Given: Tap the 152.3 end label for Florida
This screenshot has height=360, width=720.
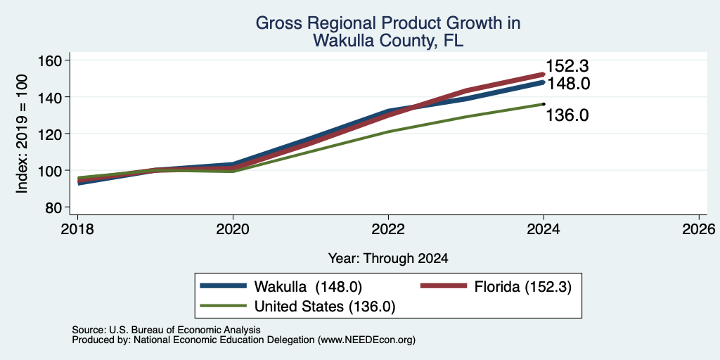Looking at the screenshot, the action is (567, 67).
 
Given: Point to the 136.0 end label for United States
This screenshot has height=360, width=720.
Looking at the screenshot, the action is (567, 115).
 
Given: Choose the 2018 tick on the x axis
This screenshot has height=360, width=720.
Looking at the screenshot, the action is (77, 229).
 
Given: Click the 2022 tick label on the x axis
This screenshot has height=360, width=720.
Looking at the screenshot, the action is (388, 229).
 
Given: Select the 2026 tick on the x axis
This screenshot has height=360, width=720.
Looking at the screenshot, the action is (699, 229).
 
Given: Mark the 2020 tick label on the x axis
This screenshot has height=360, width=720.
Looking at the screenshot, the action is (233, 229).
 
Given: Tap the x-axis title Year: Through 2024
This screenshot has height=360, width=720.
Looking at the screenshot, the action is (388, 259).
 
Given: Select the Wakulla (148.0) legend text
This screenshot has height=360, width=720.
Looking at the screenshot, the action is (308, 287).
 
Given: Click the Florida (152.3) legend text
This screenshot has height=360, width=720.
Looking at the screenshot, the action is (523, 287).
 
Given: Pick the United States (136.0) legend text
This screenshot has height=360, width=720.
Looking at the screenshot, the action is (325, 307).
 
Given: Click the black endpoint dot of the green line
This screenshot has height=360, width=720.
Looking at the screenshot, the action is (544, 104).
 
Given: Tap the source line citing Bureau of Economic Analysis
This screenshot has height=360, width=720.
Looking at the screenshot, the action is (166, 330).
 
